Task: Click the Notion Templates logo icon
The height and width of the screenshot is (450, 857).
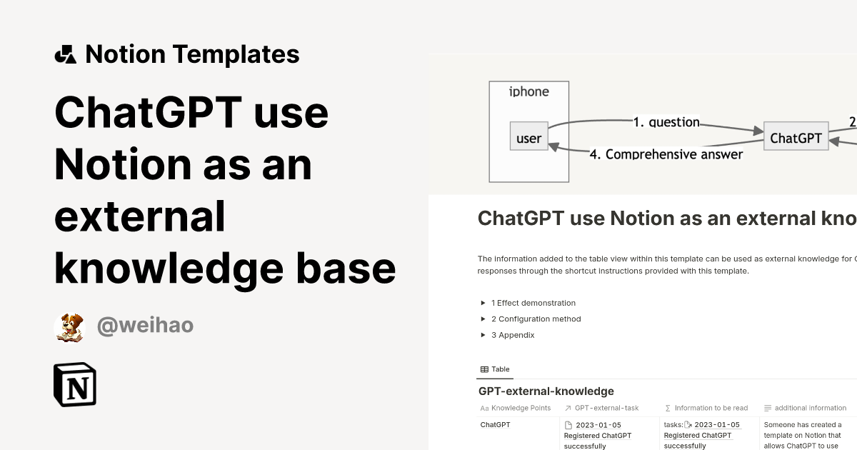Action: [x=65, y=54]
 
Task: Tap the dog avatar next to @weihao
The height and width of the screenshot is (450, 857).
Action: [x=69, y=326]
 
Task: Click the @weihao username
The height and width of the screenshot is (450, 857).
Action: [x=145, y=326]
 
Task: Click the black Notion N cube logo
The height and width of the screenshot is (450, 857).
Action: [x=75, y=384]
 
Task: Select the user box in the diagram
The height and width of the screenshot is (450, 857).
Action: [x=528, y=138]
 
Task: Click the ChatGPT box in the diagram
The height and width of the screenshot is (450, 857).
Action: [x=796, y=138]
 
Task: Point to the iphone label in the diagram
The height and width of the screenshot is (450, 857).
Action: [x=528, y=91]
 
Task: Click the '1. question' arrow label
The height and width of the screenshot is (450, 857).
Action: [x=666, y=122]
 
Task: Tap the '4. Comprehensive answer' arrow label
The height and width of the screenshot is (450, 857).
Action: [x=666, y=154]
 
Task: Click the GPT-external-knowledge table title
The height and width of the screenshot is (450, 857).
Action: [x=546, y=391]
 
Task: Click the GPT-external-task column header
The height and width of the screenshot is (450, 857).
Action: [x=606, y=408]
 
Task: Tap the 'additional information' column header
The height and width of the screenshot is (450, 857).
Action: [x=810, y=408]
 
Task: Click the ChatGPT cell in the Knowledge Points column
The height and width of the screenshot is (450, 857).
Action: [x=495, y=425]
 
